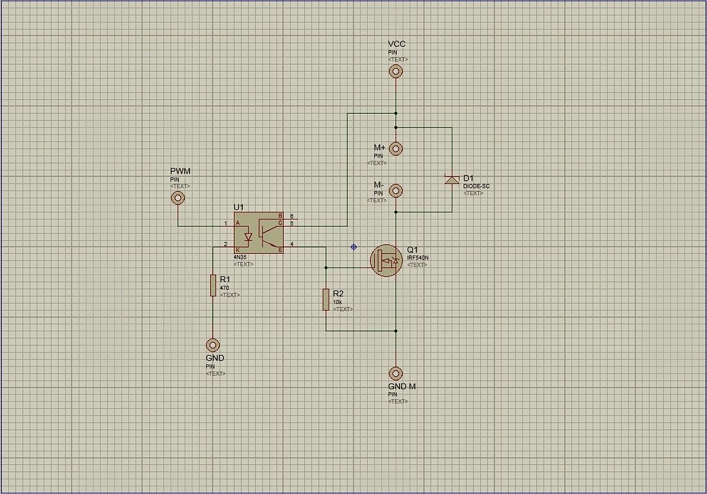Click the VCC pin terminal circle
396,71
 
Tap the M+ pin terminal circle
396,148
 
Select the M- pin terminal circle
396,190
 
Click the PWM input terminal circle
178,198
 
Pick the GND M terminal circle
396,373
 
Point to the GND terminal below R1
213,344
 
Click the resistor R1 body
213,285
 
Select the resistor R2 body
326,299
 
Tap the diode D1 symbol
452,180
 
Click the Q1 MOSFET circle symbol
387,260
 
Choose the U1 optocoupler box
259,233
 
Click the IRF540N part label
418,258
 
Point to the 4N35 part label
240,257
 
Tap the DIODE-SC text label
476,186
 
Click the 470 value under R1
224,288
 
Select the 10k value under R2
338,302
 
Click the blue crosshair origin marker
354,246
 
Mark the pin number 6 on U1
291,217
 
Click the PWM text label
180,171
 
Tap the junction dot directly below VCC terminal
396,112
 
